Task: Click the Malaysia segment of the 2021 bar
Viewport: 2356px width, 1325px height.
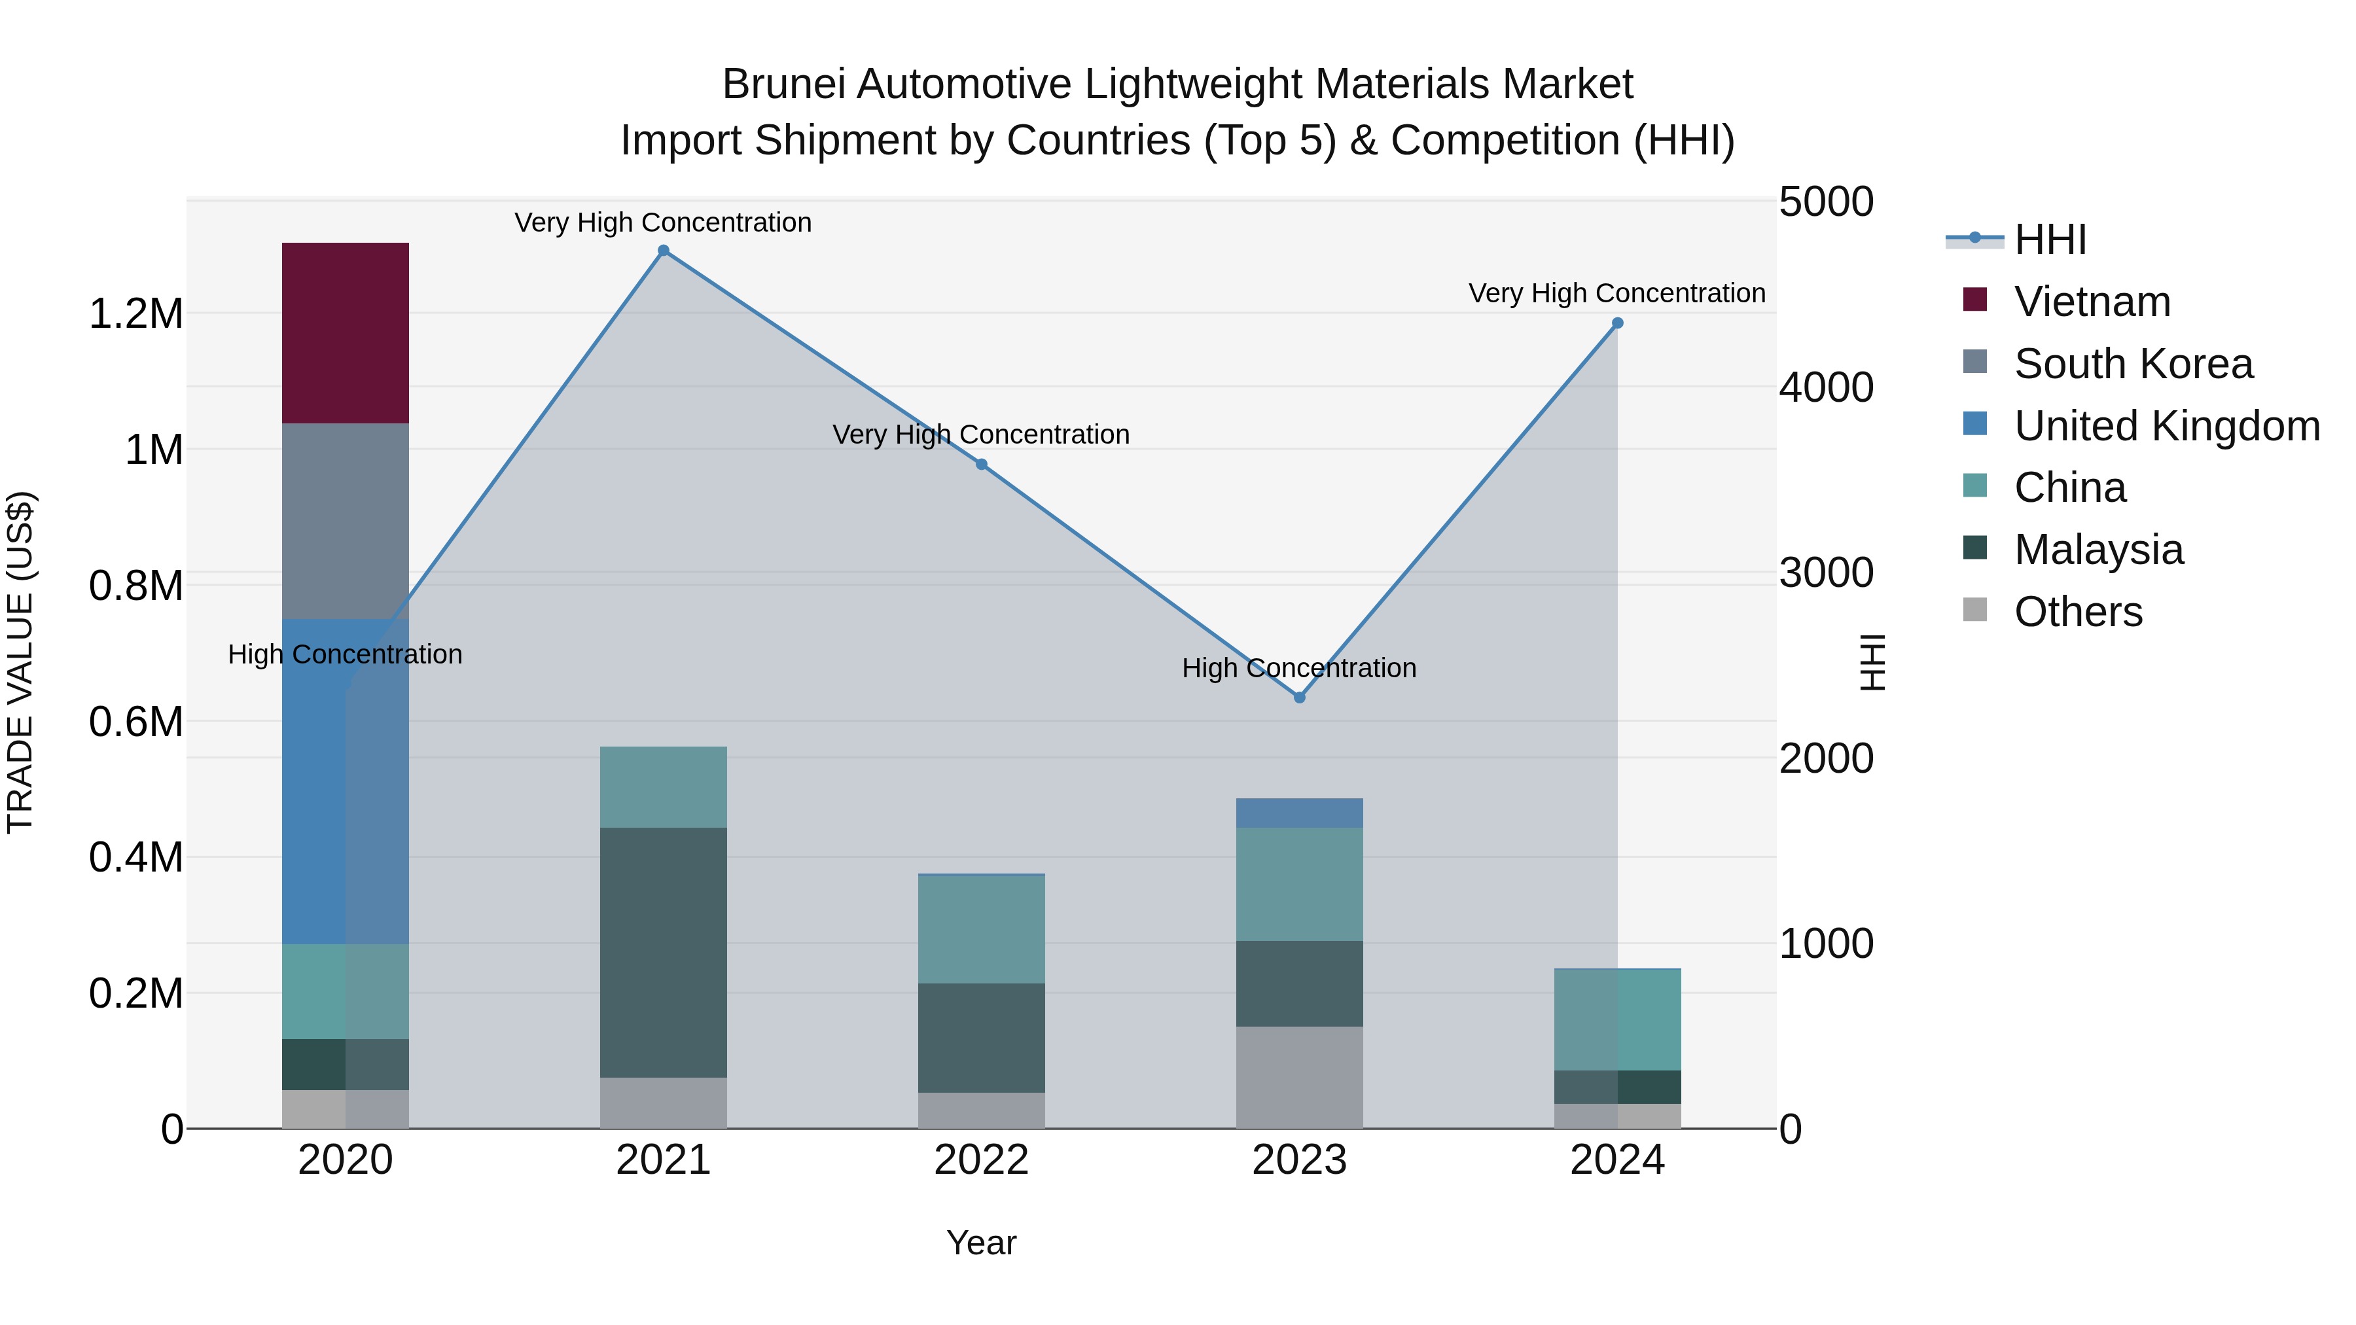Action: tap(663, 952)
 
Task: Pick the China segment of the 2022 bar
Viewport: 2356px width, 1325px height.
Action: tap(982, 929)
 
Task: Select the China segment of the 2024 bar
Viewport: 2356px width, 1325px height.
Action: tap(1617, 1019)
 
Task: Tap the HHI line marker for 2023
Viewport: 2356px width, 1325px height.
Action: tap(1300, 698)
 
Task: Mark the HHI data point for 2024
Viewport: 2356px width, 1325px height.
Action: tap(1617, 323)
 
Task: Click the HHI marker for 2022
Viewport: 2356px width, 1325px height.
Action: tap(982, 465)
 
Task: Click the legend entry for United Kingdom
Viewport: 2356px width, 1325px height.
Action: tap(2166, 426)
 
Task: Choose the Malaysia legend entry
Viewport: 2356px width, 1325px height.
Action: tap(2098, 550)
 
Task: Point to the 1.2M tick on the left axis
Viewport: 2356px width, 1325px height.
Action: tap(135, 313)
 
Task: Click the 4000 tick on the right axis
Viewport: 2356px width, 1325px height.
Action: tap(1825, 388)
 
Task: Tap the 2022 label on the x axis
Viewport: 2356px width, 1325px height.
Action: tap(982, 1160)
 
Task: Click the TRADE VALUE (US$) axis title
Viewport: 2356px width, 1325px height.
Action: tap(20, 662)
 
